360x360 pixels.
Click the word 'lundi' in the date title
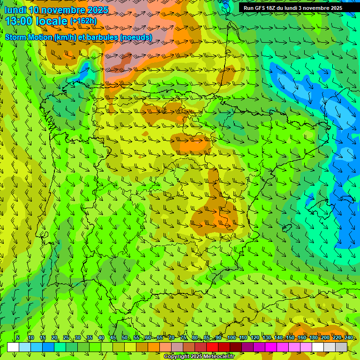point(15,10)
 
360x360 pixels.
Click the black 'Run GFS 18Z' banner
point(292,8)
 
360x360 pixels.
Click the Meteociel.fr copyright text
point(199,357)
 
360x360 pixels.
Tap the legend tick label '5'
point(17,338)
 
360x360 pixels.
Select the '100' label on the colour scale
point(231,338)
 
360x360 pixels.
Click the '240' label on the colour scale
point(348,338)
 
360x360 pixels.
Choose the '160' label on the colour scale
point(301,338)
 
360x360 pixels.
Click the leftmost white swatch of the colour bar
point(13,347)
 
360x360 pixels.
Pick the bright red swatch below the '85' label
point(212,347)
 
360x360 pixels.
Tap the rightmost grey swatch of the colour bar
point(341,347)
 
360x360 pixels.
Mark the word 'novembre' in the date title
point(64,10)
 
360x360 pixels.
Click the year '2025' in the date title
point(97,10)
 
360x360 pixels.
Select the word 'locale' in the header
point(52,22)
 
